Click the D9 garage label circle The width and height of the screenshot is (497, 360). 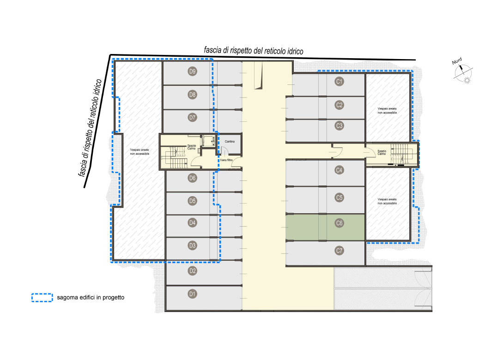click(x=193, y=71)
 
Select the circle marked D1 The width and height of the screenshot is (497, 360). click(x=193, y=294)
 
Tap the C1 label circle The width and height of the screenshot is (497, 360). click(x=339, y=82)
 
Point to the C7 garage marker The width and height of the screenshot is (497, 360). click(x=339, y=251)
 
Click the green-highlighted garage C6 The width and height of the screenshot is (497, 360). click(x=325, y=227)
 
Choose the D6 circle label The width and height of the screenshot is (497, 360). click(x=193, y=178)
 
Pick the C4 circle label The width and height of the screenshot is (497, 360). click(x=339, y=170)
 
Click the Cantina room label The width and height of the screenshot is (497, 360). click(x=230, y=142)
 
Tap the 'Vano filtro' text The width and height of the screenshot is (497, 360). click(x=226, y=160)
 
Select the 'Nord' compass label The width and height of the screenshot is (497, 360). click(x=457, y=61)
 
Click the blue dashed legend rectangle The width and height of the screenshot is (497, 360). click(x=42, y=298)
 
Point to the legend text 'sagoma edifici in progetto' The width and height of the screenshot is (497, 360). click(x=91, y=298)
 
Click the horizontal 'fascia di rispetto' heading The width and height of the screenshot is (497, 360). click(x=254, y=51)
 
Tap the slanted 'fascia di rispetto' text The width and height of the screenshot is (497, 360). click(x=90, y=128)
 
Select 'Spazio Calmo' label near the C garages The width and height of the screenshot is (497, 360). click(x=382, y=153)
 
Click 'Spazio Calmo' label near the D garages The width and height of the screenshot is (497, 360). click(x=191, y=147)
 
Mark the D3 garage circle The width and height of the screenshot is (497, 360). click(x=193, y=246)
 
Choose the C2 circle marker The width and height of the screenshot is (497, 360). click(x=339, y=105)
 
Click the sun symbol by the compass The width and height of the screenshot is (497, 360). click(x=467, y=80)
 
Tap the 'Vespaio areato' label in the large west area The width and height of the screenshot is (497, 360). click(x=139, y=152)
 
